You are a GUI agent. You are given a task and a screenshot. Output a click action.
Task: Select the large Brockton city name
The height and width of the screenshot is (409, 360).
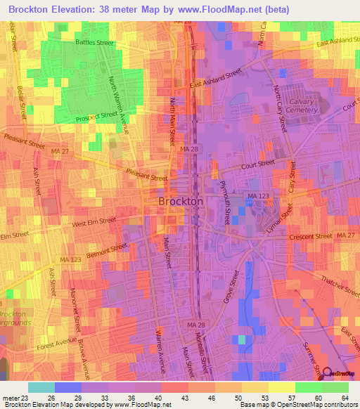coord(181,201)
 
